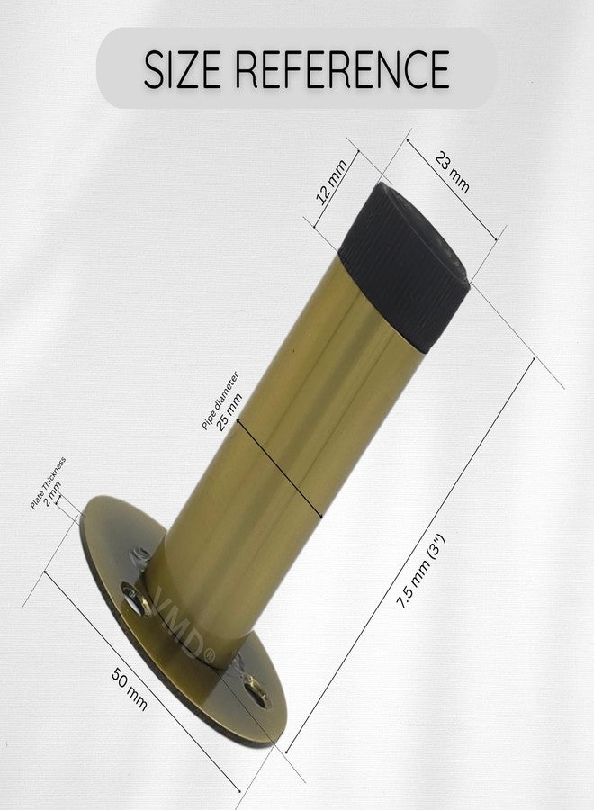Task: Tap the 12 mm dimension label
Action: point(330,183)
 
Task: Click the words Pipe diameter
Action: point(220,400)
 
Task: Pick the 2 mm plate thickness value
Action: point(53,493)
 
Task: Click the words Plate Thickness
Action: point(48,483)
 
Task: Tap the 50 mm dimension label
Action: point(130,689)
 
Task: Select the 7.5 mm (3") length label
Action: point(420,573)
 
